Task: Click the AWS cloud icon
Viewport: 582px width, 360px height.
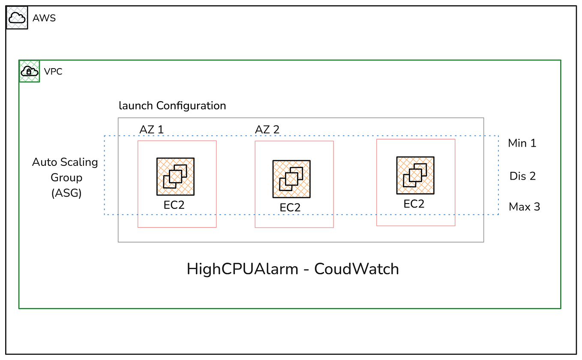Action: pos(17,18)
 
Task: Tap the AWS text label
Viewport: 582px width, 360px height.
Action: pos(44,18)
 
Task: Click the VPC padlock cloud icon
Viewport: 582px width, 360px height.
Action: pos(29,71)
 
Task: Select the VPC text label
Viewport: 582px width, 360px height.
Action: pos(53,72)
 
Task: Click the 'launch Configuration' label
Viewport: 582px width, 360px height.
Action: pos(172,105)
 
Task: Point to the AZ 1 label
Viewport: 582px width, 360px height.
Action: pos(151,129)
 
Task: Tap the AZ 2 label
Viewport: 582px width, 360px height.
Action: pos(267,129)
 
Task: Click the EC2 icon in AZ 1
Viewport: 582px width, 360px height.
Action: pos(175,176)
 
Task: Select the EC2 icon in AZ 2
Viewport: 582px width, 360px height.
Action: pos(291,179)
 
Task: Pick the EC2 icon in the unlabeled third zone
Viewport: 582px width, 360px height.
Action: pos(415,175)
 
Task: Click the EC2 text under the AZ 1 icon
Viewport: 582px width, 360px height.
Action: pos(174,205)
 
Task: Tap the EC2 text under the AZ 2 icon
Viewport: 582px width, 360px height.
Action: pos(290,207)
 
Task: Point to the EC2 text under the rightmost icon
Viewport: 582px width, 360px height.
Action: pos(414,204)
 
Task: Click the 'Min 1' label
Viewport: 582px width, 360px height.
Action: pos(522,143)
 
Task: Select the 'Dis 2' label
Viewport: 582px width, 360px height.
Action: pos(522,176)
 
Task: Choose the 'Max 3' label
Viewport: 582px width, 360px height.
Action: pos(524,207)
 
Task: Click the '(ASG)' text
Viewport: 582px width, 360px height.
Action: pos(66,193)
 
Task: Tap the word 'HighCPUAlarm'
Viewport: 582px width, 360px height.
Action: pos(243,269)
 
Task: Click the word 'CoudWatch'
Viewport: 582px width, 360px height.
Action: pos(357,269)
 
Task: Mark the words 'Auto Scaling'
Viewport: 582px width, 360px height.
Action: pos(65,162)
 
